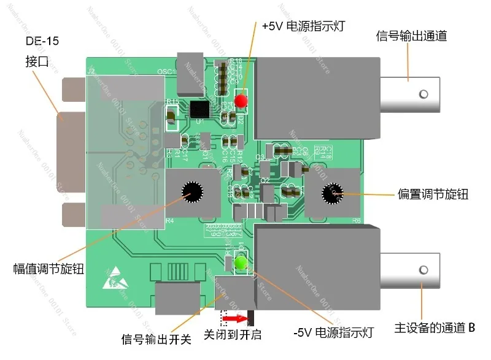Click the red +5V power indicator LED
[241, 100]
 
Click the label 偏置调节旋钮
[433, 194]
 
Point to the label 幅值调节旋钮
[48, 269]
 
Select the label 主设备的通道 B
[434, 327]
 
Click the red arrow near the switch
[239, 319]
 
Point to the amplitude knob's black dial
[191, 193]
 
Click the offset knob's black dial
[335, 193]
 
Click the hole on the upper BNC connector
[422, 94]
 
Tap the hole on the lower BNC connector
[422, 270]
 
